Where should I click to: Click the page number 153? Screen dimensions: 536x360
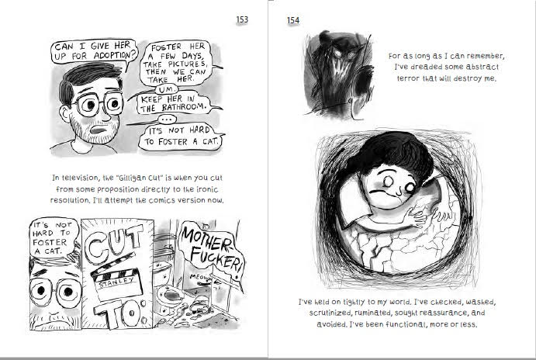[x=242, y=19]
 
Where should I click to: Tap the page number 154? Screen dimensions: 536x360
[x=293, y=20]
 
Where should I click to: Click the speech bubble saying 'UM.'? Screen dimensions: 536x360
[x=166, y=89]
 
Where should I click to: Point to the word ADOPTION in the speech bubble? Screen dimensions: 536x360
[x=112, y=55]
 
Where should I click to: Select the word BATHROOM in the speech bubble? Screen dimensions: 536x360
[x=184, y=107]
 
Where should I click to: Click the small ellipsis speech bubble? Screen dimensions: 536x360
[x=167, y=119]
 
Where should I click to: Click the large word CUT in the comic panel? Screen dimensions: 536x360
[x=114, y=242]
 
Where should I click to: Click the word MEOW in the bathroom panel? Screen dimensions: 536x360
[x=199, y=277]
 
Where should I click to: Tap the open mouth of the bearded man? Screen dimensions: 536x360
[x=99, y=130]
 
